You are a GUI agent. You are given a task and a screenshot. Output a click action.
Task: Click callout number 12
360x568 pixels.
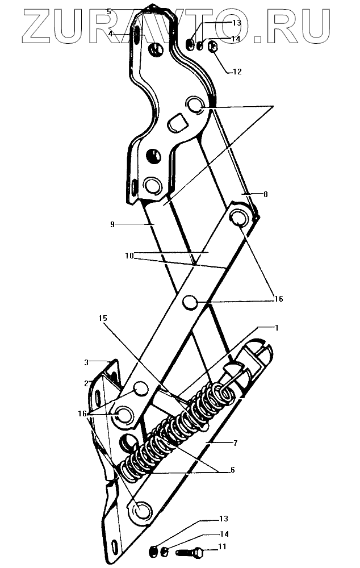pos(237,72)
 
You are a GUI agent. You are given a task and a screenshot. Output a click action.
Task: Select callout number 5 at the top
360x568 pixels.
pos(110,11)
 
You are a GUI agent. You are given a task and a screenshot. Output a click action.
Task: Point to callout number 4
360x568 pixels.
pos(111,34)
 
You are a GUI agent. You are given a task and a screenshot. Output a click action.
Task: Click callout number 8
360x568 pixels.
pos(265,194)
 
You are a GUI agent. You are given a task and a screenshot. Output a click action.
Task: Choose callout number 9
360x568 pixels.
pos(112,225)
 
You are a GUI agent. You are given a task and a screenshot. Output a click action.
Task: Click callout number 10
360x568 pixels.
pos(129,256)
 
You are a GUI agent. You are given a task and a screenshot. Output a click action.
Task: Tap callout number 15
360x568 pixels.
pos(103,319)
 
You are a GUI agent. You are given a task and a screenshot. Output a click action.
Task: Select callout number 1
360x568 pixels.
pos(277,328)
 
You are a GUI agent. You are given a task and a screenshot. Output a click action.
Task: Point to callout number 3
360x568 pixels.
pos(87,361)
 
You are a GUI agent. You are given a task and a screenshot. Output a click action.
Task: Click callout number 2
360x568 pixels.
pos(87,383)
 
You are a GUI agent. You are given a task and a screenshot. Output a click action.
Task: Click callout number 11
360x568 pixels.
pos(222,547)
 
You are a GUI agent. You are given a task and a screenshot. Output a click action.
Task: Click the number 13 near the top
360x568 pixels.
pos(237,23)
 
